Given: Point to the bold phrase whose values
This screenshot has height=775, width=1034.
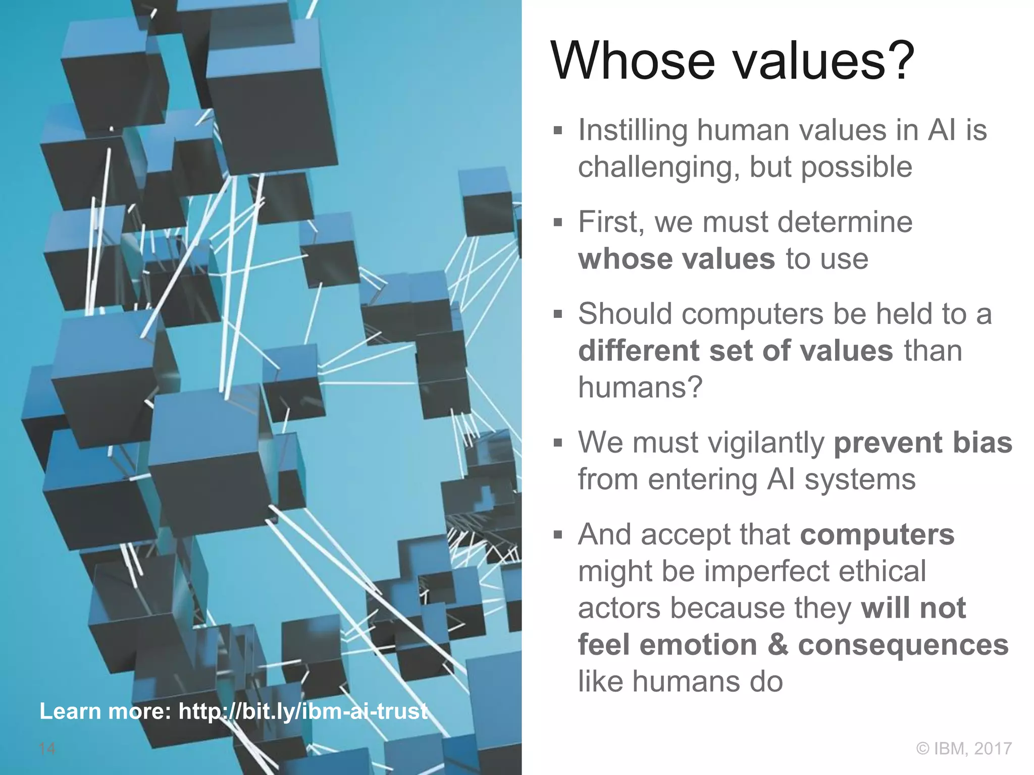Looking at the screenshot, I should click(x=676, y=259).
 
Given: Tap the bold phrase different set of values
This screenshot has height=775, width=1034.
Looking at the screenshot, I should click(x=735, y=351).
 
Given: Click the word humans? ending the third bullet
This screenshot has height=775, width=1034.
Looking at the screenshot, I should click(x=640, y=387).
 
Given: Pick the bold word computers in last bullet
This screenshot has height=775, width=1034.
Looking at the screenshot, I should click(x=877, y=534).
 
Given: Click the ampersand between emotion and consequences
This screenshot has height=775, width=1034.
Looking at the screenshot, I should click(x=778, y=645).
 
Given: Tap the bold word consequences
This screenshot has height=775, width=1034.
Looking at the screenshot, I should click(x=903, y=645).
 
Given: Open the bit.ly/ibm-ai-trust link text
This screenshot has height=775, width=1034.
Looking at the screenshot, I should click(x=303, y=711).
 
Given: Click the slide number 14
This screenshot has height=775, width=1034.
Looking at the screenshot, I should click(x=47, y=748).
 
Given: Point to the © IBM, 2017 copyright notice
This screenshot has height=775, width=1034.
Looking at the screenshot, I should click(x=964, y=748).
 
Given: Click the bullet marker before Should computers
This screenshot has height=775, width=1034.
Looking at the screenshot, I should click(x=557, y=315).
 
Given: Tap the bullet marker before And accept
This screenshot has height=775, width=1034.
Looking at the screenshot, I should click(x=557, y=535).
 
